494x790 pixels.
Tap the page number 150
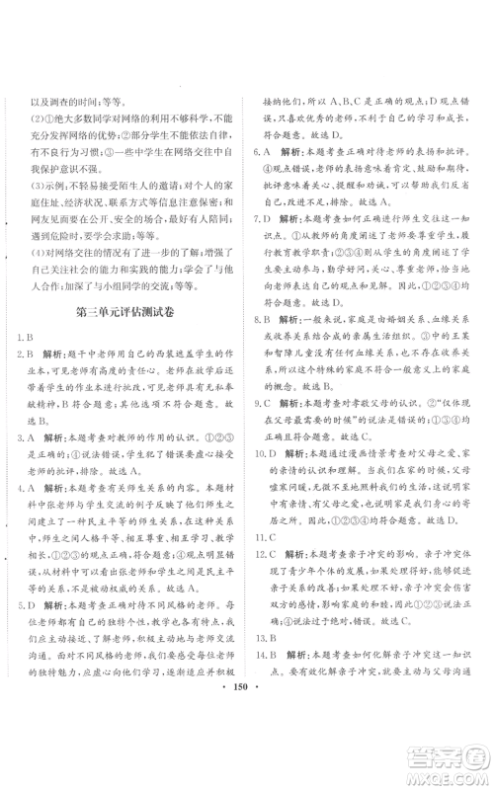(x=246, y=772)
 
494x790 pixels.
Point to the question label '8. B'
(x=262, y=320)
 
